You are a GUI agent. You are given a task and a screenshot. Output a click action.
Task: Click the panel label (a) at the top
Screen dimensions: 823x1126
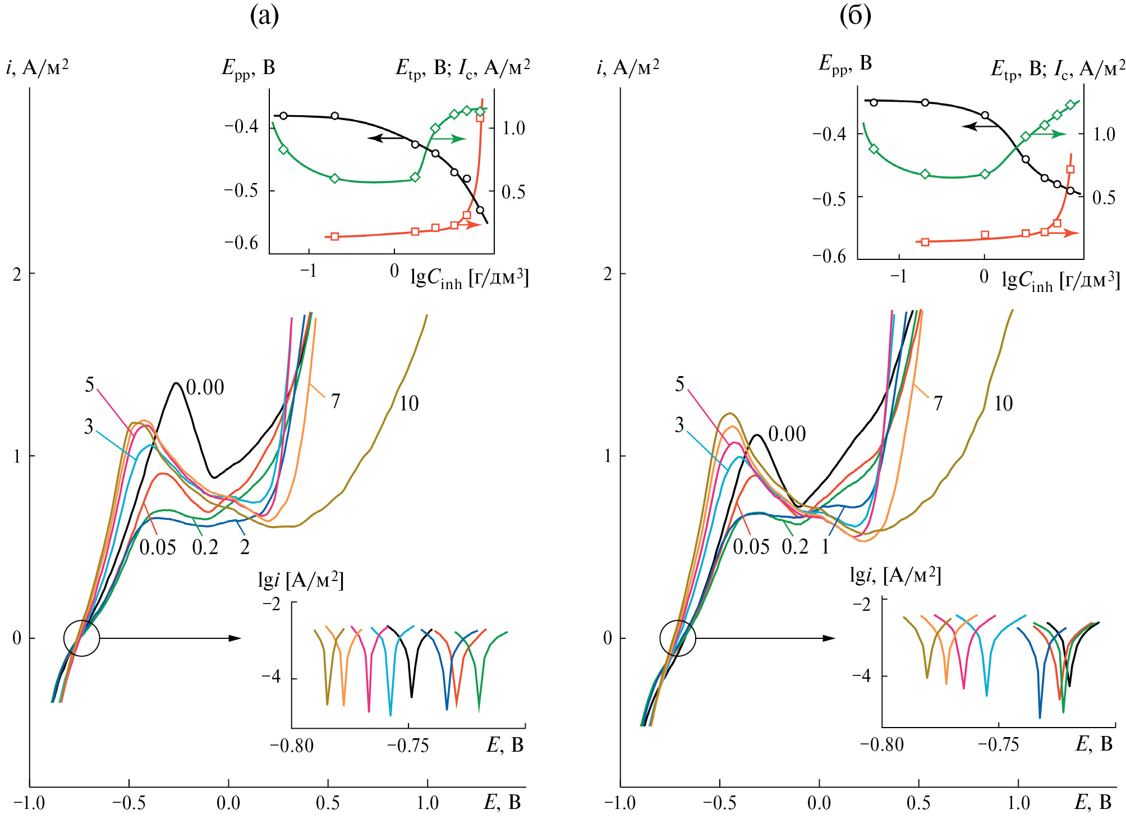tap(264, 16)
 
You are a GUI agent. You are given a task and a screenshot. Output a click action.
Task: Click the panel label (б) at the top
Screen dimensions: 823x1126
tap(855, 16)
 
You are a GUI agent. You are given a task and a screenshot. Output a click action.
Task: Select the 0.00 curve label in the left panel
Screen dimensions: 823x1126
tap(205, 387)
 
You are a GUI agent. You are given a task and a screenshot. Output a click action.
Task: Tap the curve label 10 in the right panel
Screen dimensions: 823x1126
tap(1003, 404)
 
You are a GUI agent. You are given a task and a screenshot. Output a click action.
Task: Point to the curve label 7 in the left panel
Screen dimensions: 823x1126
tap(335, 401)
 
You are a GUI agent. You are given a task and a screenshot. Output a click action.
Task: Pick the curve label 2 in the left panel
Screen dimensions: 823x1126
tap(245, 547)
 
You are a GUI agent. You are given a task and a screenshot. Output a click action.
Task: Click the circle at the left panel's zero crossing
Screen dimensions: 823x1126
tap(82, 638)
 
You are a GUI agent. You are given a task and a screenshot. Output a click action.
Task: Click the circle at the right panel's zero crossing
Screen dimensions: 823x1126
tap(678, 638)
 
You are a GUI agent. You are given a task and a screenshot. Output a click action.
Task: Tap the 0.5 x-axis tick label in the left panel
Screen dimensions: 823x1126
tap(328, 803)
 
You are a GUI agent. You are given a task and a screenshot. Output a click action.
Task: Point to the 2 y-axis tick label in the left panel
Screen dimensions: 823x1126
tap(17, 275)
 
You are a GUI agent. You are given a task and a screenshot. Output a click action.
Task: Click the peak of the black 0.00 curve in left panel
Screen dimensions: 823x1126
tap(176, 383)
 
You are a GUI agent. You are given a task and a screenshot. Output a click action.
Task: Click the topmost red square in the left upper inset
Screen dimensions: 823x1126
tap(480, 117)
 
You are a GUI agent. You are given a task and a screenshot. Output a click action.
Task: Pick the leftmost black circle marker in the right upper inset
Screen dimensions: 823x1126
tap(874, 102)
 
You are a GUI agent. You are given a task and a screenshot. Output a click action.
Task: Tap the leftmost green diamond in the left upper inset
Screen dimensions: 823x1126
tap(283, 149)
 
